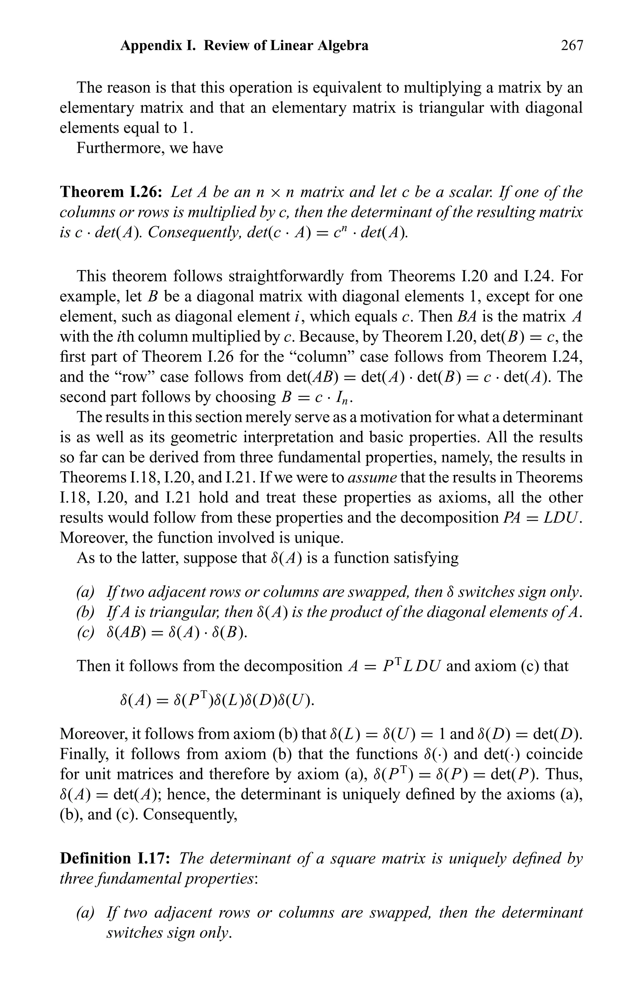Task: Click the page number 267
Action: tap(571, 45)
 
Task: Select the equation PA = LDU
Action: tap(542, 517)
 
